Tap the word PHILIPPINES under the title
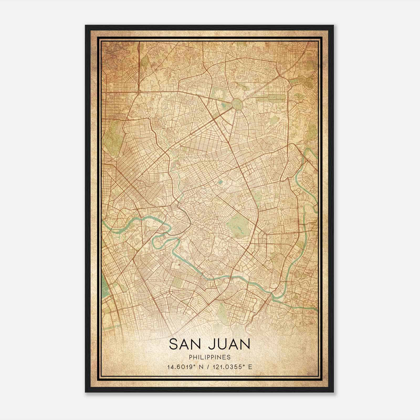(210, 357)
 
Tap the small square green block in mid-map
(220, 182)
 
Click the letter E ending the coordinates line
(250, 367)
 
